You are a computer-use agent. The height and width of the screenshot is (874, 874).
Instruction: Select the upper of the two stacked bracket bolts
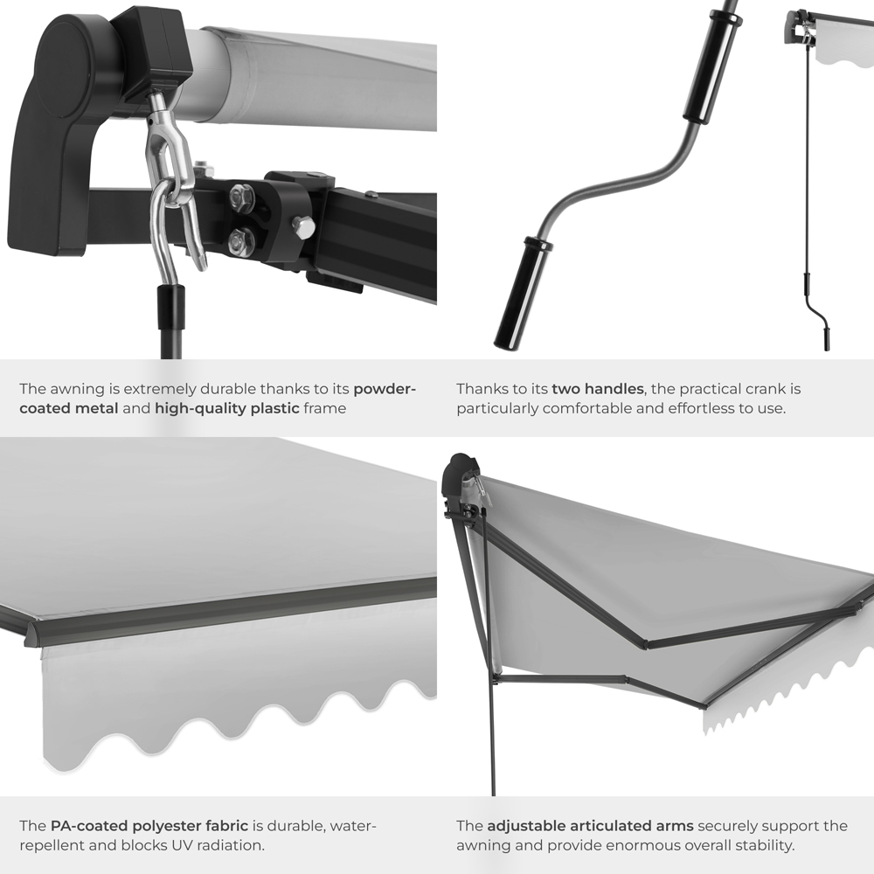[x=241, y=198]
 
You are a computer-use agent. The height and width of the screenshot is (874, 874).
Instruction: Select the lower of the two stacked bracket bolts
[x=241, y=240]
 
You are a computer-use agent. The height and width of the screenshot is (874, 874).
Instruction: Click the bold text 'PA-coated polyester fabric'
[x=149, y=825]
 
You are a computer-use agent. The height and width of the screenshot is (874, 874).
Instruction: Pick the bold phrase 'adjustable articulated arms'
[x=590, y=825]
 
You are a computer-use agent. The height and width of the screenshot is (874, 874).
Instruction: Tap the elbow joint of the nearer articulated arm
[x=645, y=644]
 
